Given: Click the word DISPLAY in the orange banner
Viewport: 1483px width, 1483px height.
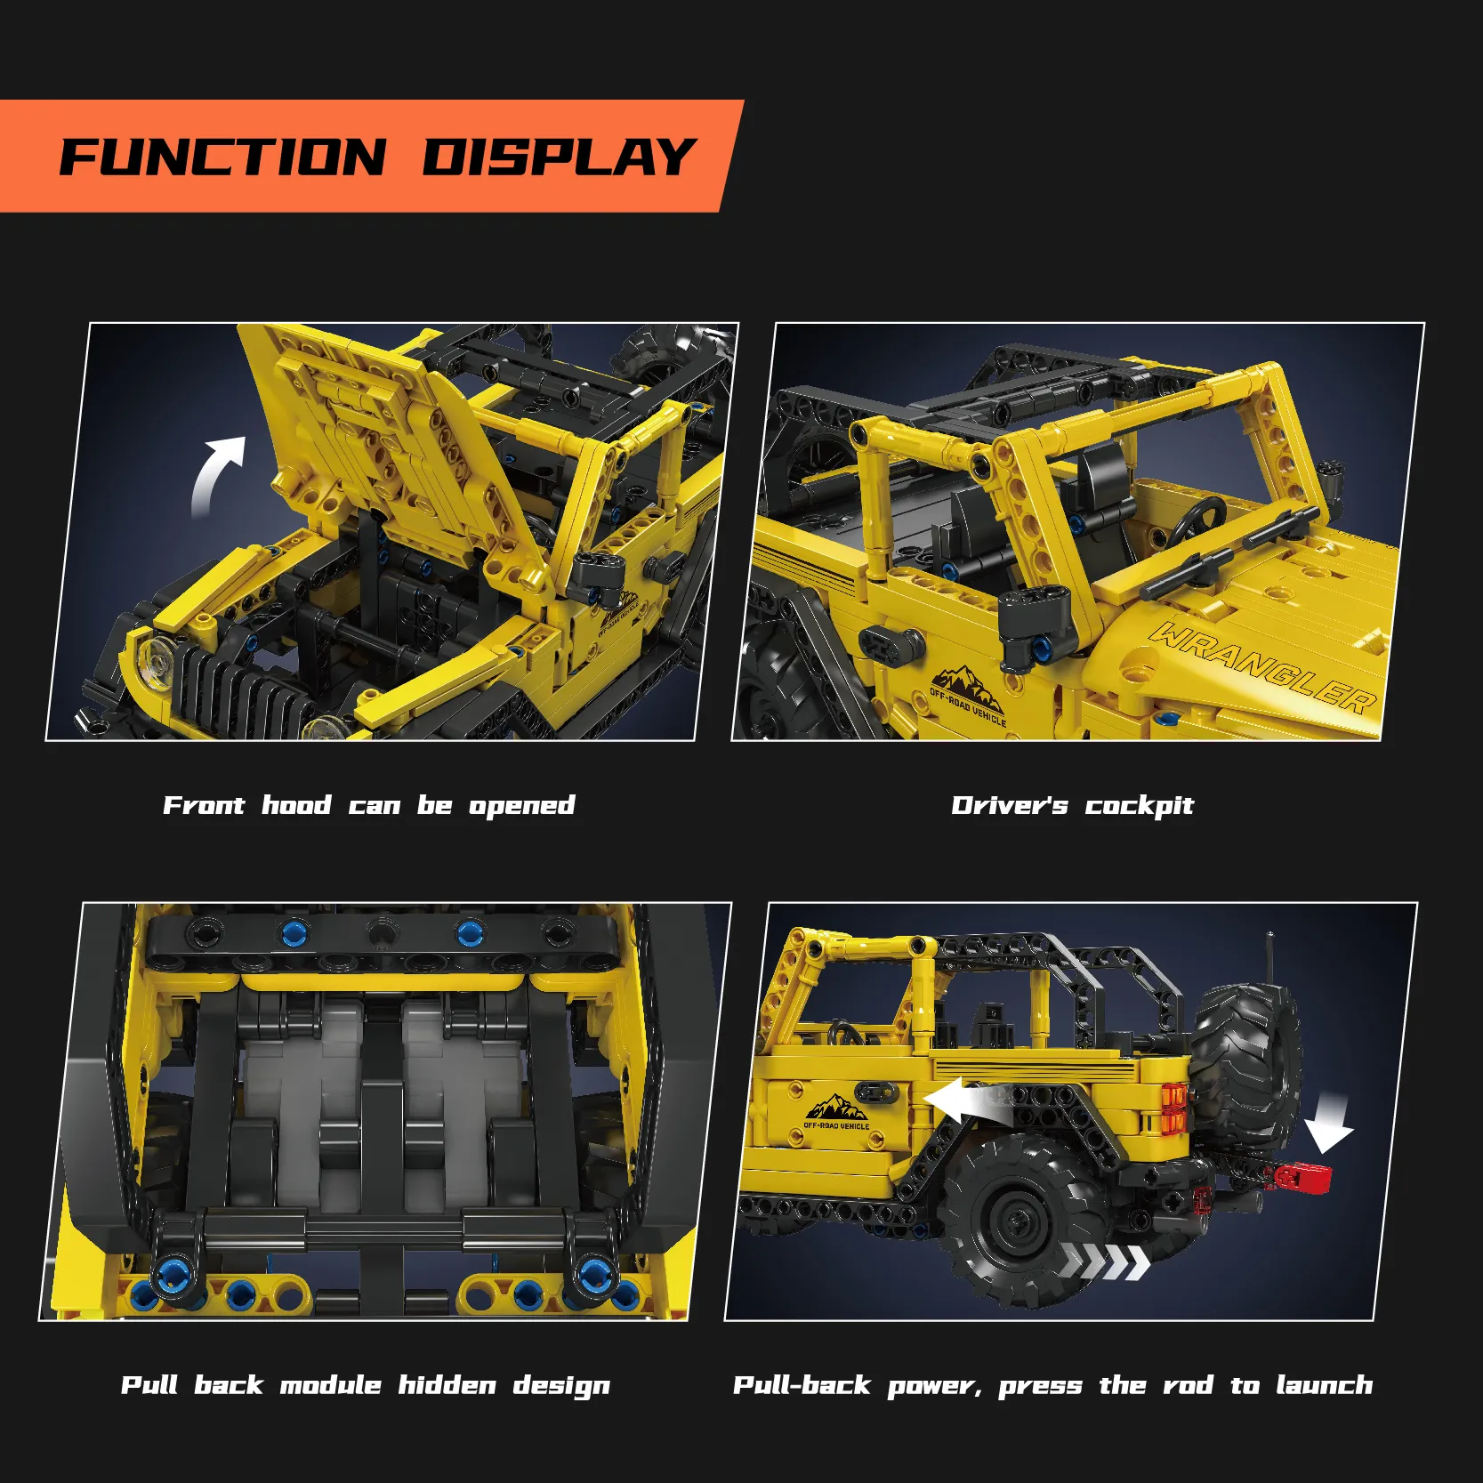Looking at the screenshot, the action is click(x=559, y=157).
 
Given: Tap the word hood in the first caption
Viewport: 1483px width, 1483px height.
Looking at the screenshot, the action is click(x=296, y=805).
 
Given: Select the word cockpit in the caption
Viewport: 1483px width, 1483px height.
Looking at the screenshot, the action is click(x=1139, y=806).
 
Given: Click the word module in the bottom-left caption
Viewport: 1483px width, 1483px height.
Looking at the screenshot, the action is click(x=331, y=1385).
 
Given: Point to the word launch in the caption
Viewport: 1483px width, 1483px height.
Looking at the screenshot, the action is click(x=1325, y=1385).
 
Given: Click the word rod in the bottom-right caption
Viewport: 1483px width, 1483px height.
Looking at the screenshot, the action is click(x=1188, y=1386).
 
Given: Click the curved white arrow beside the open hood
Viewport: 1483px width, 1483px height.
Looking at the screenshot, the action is click(x=215, y=472).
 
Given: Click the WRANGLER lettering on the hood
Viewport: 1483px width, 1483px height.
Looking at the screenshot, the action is click(x=1263, y=668).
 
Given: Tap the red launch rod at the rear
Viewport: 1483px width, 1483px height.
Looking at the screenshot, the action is click(x=1302, y=1177).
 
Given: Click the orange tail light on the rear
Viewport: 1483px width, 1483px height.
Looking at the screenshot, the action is click(x=1173, y=1110).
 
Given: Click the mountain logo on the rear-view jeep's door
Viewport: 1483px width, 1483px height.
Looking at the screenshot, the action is click(x=836, y=1110).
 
